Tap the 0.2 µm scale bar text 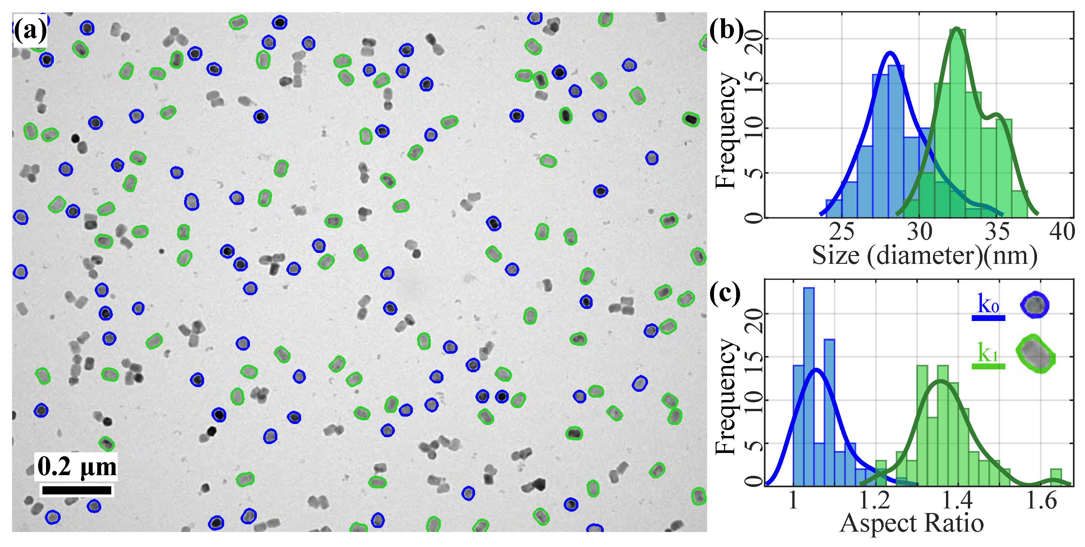[x=77, y=467]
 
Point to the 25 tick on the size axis [x=842, y=232]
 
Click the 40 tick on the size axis [x=1062, y=232]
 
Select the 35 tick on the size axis [x=997, y=232]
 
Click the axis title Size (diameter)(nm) [x=924, y=255]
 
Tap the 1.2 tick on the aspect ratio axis [x=875, y=501]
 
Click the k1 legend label [x=988, y=353]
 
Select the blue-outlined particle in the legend [x=1034, y=305]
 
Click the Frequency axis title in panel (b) [x=726, y=131]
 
